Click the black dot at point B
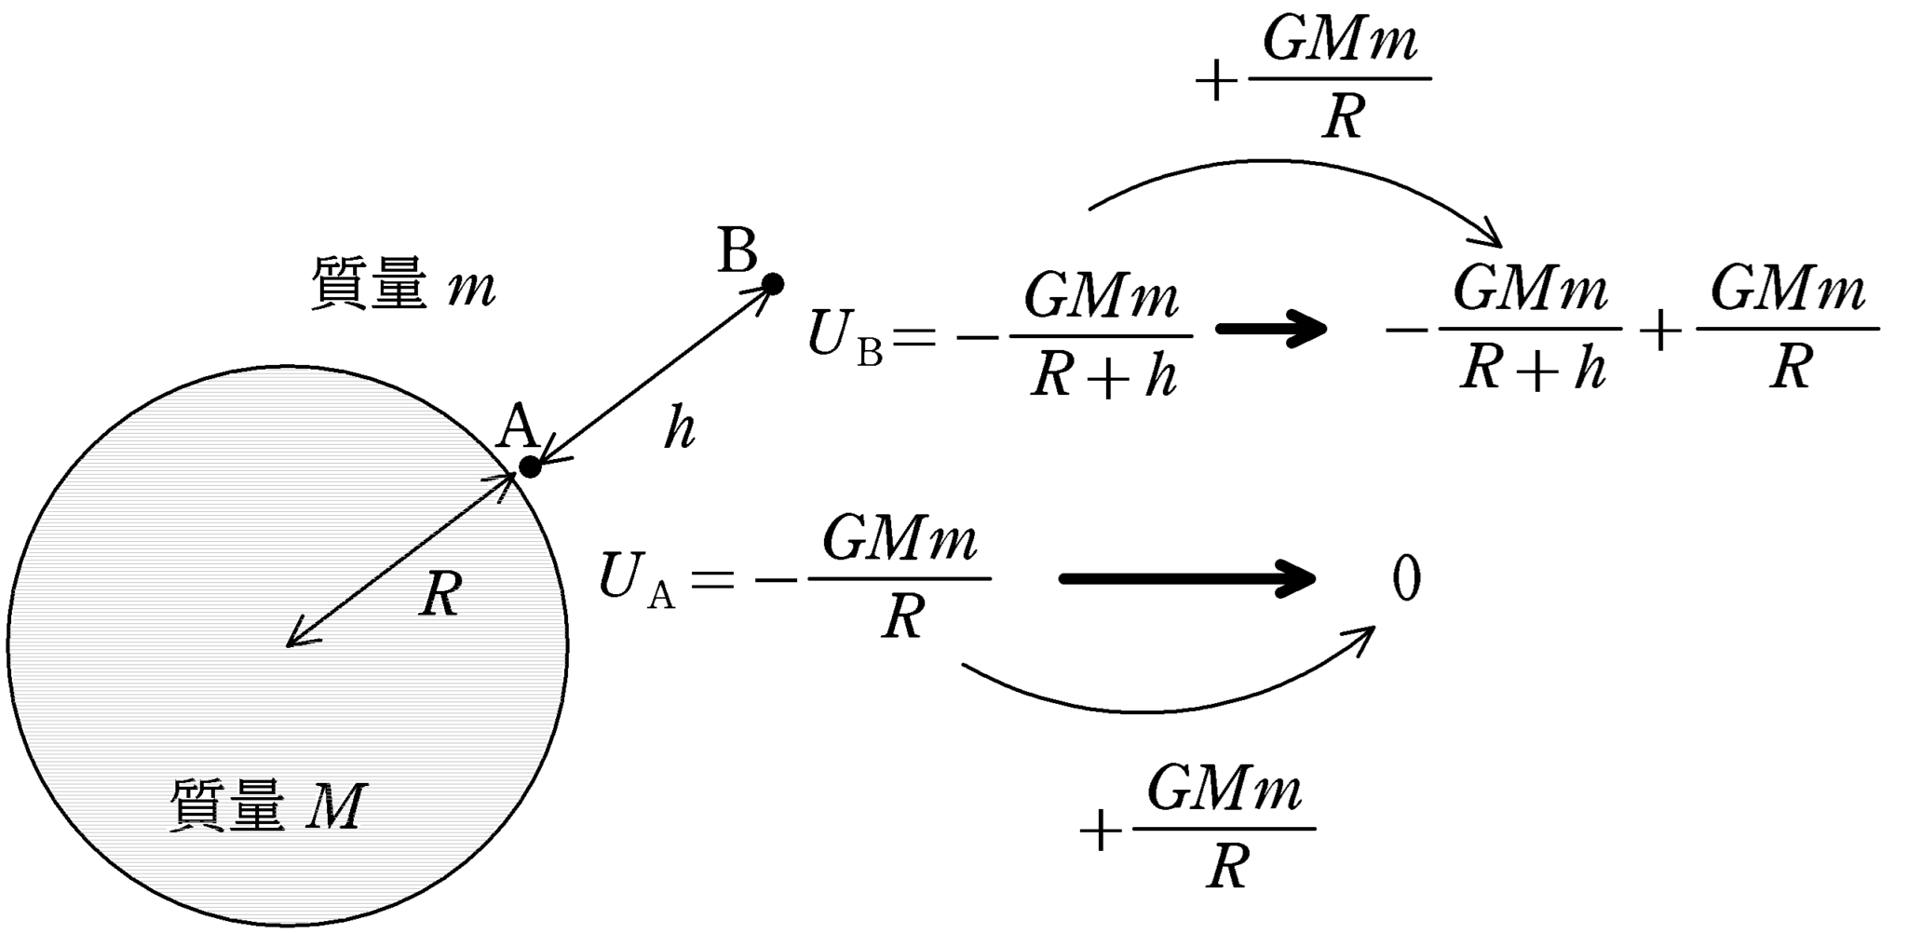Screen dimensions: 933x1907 pos(772,283)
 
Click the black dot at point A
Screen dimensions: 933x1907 pos(529,466)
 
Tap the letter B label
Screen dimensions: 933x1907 pos(737,250)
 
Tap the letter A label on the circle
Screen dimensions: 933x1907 pos(518,429)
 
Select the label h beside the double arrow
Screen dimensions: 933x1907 pos(679,429)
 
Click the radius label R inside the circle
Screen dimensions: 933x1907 pos(440,593)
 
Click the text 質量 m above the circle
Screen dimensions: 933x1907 pos(402,284)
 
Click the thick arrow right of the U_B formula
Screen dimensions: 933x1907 pos(1271,328)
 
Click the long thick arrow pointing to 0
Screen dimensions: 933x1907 pos(1187,578)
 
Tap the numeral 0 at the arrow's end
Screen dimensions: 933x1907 pos(1405,578)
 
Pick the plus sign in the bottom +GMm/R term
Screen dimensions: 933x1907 pos(1100,831)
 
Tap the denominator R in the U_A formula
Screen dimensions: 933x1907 pos(900,616)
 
